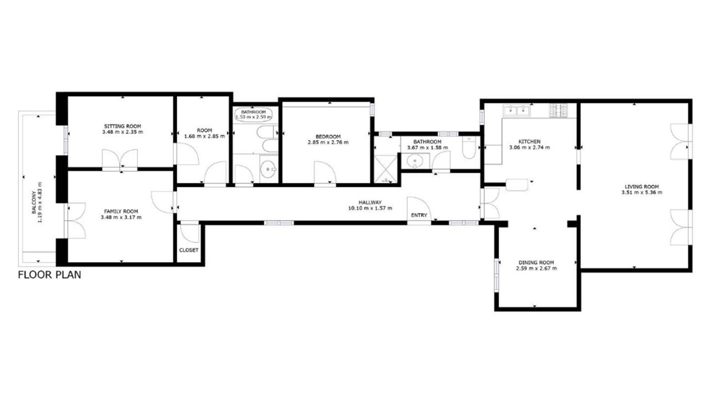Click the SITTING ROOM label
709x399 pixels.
[122, 126]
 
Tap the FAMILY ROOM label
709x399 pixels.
[121, 211]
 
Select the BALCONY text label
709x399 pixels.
[34, 202]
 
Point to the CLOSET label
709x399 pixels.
[189, 250]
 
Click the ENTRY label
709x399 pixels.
[419, 215]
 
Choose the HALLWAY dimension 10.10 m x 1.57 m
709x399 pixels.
[371, 208]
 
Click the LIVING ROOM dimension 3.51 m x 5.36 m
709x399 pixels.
[642, 192]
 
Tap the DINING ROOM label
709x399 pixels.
[536, 263]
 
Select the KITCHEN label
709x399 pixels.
[530, 141]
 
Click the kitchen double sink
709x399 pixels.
[517, 111]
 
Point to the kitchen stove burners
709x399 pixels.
[559, 110]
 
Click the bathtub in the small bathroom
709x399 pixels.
[254, 115]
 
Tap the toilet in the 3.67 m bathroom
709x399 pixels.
[469, 147]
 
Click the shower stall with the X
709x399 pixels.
[385, 169]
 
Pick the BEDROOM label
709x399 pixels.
[328, 136]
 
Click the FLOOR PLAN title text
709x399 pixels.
[49, 274]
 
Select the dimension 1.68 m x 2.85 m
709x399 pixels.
[204, 136]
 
